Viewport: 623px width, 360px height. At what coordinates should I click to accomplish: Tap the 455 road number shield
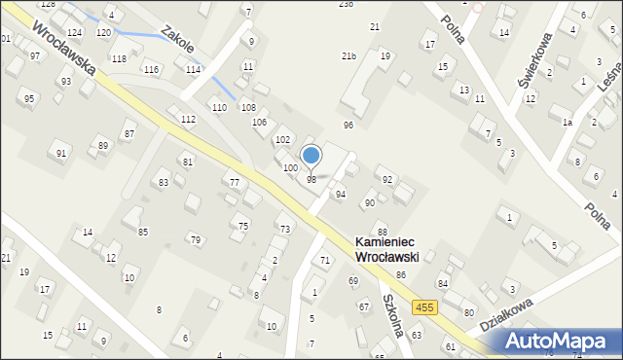click(423, 307)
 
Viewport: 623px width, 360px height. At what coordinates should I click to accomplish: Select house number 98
click(311, 180)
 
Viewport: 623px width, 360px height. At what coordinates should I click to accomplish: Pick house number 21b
click(348, 56)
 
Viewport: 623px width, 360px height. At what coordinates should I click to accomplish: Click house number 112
click(188, 119)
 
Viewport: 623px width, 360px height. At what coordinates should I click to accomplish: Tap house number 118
click(119, 59)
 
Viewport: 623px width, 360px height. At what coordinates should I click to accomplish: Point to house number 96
click(348, 126)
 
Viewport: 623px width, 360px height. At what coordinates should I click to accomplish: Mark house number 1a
click(567, 123)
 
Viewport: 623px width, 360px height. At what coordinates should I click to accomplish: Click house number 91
click(62, 154)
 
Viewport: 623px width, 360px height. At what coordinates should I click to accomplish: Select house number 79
click(195, 239)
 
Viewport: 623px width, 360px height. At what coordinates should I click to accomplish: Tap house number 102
click(282, 141)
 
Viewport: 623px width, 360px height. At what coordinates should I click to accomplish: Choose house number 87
click(128, 133)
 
